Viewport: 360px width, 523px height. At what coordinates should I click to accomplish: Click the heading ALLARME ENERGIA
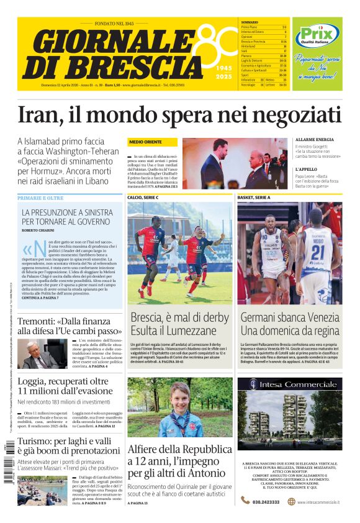pos(314,140)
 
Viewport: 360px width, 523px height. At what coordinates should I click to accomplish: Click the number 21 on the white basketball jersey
pos(317,252)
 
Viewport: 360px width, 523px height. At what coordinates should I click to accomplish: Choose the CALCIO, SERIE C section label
pos(143,198)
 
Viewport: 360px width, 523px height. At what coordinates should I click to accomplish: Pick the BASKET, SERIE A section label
pos(254,198)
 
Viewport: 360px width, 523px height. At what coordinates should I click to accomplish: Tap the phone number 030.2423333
pos(266,501)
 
